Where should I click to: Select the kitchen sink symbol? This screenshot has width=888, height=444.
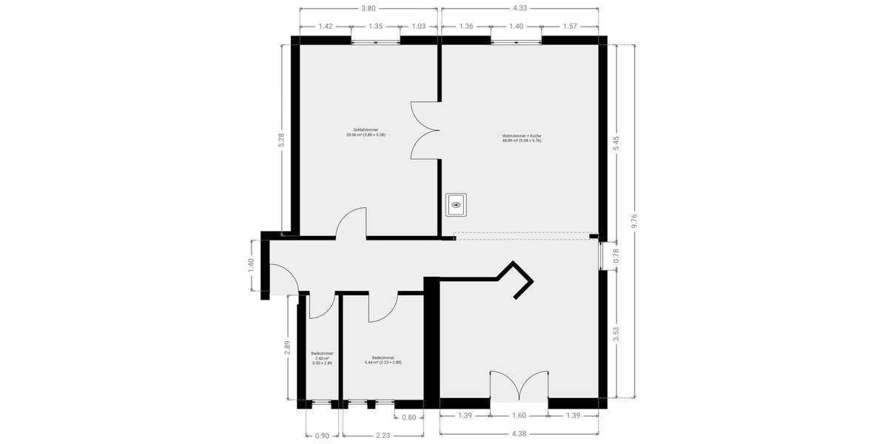(457, 204)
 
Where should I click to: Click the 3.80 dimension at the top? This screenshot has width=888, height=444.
(368, 9)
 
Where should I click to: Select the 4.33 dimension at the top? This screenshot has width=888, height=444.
(519, 9)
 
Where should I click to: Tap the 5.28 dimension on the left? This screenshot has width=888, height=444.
(280, 140)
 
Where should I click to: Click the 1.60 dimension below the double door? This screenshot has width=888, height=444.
(519, 417)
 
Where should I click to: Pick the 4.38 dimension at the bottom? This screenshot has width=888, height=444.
(519, 434)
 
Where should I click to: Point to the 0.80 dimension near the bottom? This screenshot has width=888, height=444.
(408, 417)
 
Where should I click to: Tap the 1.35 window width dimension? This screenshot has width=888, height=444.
(375, 26)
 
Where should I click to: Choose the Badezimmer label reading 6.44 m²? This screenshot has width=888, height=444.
(383, 360)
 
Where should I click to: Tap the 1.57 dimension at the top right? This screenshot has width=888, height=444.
(569, 26)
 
